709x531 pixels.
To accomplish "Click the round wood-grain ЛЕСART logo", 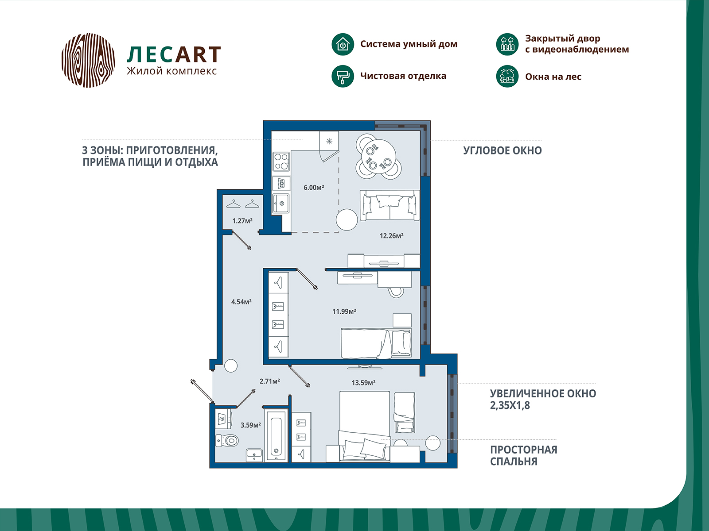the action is [88, 60].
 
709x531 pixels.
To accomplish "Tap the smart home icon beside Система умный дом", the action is [343, 44].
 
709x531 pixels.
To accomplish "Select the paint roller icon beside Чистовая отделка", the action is [343, 76].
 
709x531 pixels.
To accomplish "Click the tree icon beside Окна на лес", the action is [507, 76].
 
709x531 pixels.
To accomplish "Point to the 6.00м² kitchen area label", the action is [314, 187].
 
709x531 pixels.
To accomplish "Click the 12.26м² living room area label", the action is [391, 236].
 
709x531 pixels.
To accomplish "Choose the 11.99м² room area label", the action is [344, 311].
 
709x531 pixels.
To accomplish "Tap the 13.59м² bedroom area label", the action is [363, 383].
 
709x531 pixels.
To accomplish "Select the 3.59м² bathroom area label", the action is [251, 425].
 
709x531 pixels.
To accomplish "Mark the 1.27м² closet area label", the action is [242, 221].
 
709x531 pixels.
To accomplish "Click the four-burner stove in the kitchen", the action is [281, 162].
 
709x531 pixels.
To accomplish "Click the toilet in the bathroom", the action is [227, 440].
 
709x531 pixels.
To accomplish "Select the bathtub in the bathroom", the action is [276, 435].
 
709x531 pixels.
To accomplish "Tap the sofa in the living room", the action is [390, 205].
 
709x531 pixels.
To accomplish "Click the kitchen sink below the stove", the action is [280, 204].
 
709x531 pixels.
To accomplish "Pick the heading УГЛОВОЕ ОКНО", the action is [502, 150].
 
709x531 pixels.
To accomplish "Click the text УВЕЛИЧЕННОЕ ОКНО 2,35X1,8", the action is [543, 399].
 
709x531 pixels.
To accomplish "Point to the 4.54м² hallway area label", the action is [242, 302].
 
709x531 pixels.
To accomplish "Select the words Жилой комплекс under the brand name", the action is [171, 71].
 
